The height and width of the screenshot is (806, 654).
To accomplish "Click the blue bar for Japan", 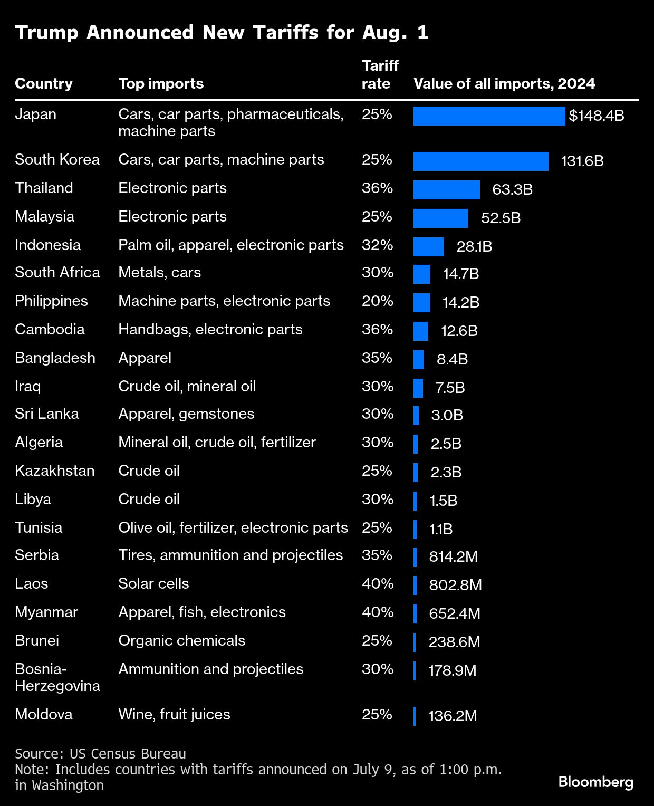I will click(489, 116).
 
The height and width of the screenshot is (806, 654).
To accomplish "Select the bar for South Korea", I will click(480, 161).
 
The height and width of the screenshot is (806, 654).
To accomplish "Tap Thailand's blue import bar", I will click(446, 190).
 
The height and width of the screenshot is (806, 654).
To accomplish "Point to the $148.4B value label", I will click(597, 116).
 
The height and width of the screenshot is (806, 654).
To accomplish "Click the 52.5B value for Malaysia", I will click(501, 218).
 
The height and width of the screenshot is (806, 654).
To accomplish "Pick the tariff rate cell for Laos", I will click(378, 583).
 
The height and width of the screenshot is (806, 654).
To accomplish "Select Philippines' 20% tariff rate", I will click(378, 301).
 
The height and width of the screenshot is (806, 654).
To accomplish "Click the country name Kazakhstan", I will click(55, 471).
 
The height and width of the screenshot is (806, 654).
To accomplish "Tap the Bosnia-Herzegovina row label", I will click(57, 677).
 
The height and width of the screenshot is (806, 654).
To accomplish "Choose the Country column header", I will click(44, 83).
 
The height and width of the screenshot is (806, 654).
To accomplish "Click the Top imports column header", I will click(161, 83).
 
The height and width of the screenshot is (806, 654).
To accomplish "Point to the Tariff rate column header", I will click(380, 74).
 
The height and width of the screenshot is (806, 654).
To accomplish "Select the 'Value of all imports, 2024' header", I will click(504, 83).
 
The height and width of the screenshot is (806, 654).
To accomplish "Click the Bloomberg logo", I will click(596, 782).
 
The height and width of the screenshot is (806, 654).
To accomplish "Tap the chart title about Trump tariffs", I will click(222, 33).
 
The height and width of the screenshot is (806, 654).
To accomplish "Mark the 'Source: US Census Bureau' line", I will click(100, 753).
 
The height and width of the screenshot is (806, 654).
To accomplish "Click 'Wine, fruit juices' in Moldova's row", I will click(174, 714).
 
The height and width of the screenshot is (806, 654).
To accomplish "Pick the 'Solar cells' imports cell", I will click(153, 583).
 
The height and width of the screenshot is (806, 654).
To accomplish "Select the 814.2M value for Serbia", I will click(454, 556).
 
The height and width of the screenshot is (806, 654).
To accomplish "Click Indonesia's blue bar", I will click(428, 247).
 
